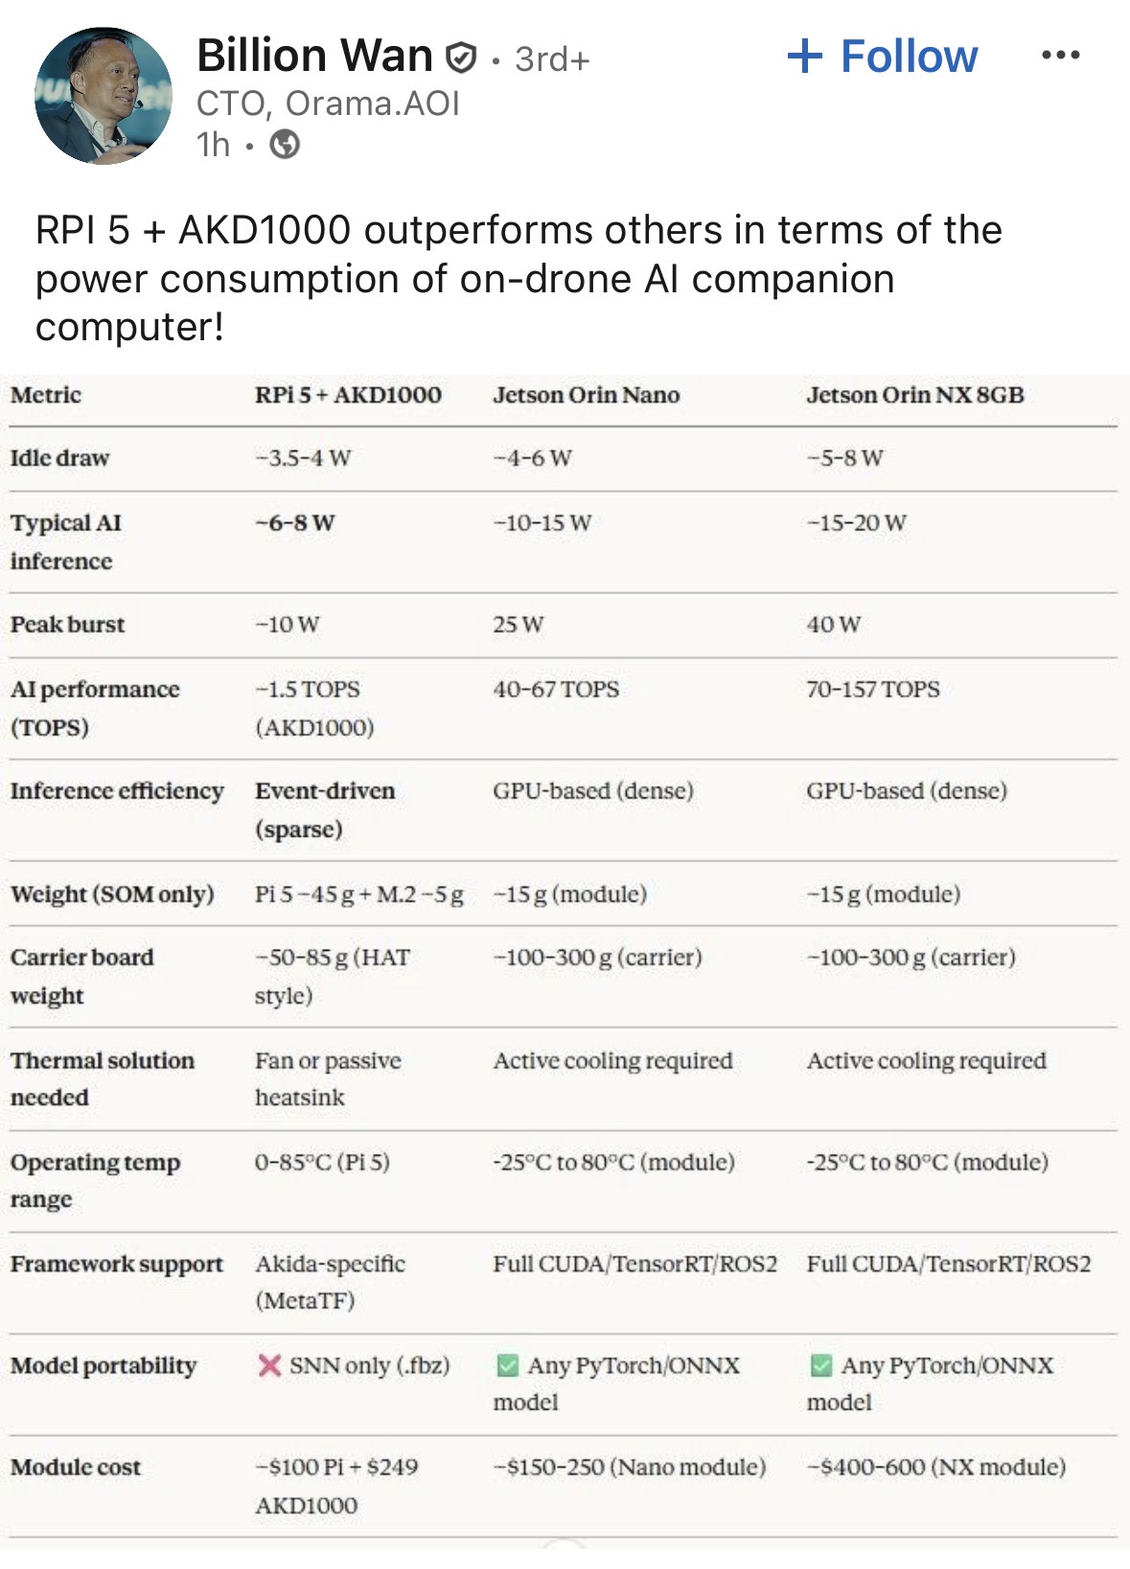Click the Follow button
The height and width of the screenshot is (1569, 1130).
pos(882,57)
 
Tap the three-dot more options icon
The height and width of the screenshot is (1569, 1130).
pos(1060,56)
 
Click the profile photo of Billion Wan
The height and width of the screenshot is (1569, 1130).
pos(104,96)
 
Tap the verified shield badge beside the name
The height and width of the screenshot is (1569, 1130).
pos(461,58)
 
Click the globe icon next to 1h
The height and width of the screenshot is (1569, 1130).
pos(285,145)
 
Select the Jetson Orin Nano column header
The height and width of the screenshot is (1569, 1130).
pos(586,395)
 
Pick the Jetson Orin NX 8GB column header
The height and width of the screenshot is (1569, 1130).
pos(914,395)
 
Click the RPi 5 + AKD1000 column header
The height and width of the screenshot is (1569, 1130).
pos(348,395)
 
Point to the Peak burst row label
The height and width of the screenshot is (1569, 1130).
pos(68,624)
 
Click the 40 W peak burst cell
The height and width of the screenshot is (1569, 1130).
pos(833,625)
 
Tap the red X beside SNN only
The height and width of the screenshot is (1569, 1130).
pos(269,1365)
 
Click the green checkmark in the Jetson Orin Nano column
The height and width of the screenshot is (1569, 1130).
pos(507,1365)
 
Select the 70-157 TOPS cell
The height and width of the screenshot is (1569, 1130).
pos(872,689)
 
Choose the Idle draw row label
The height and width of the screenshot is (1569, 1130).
pos(59,458)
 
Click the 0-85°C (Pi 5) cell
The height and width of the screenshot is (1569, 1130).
pos(322,1162)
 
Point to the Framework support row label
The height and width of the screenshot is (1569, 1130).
pos(116,1263)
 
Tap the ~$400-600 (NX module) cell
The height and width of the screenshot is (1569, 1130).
pos(935,1466)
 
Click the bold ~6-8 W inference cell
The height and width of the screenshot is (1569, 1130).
pos(294,523)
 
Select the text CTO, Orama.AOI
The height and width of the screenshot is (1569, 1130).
pos(328,104)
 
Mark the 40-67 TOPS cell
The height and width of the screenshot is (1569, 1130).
pos(556,689)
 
